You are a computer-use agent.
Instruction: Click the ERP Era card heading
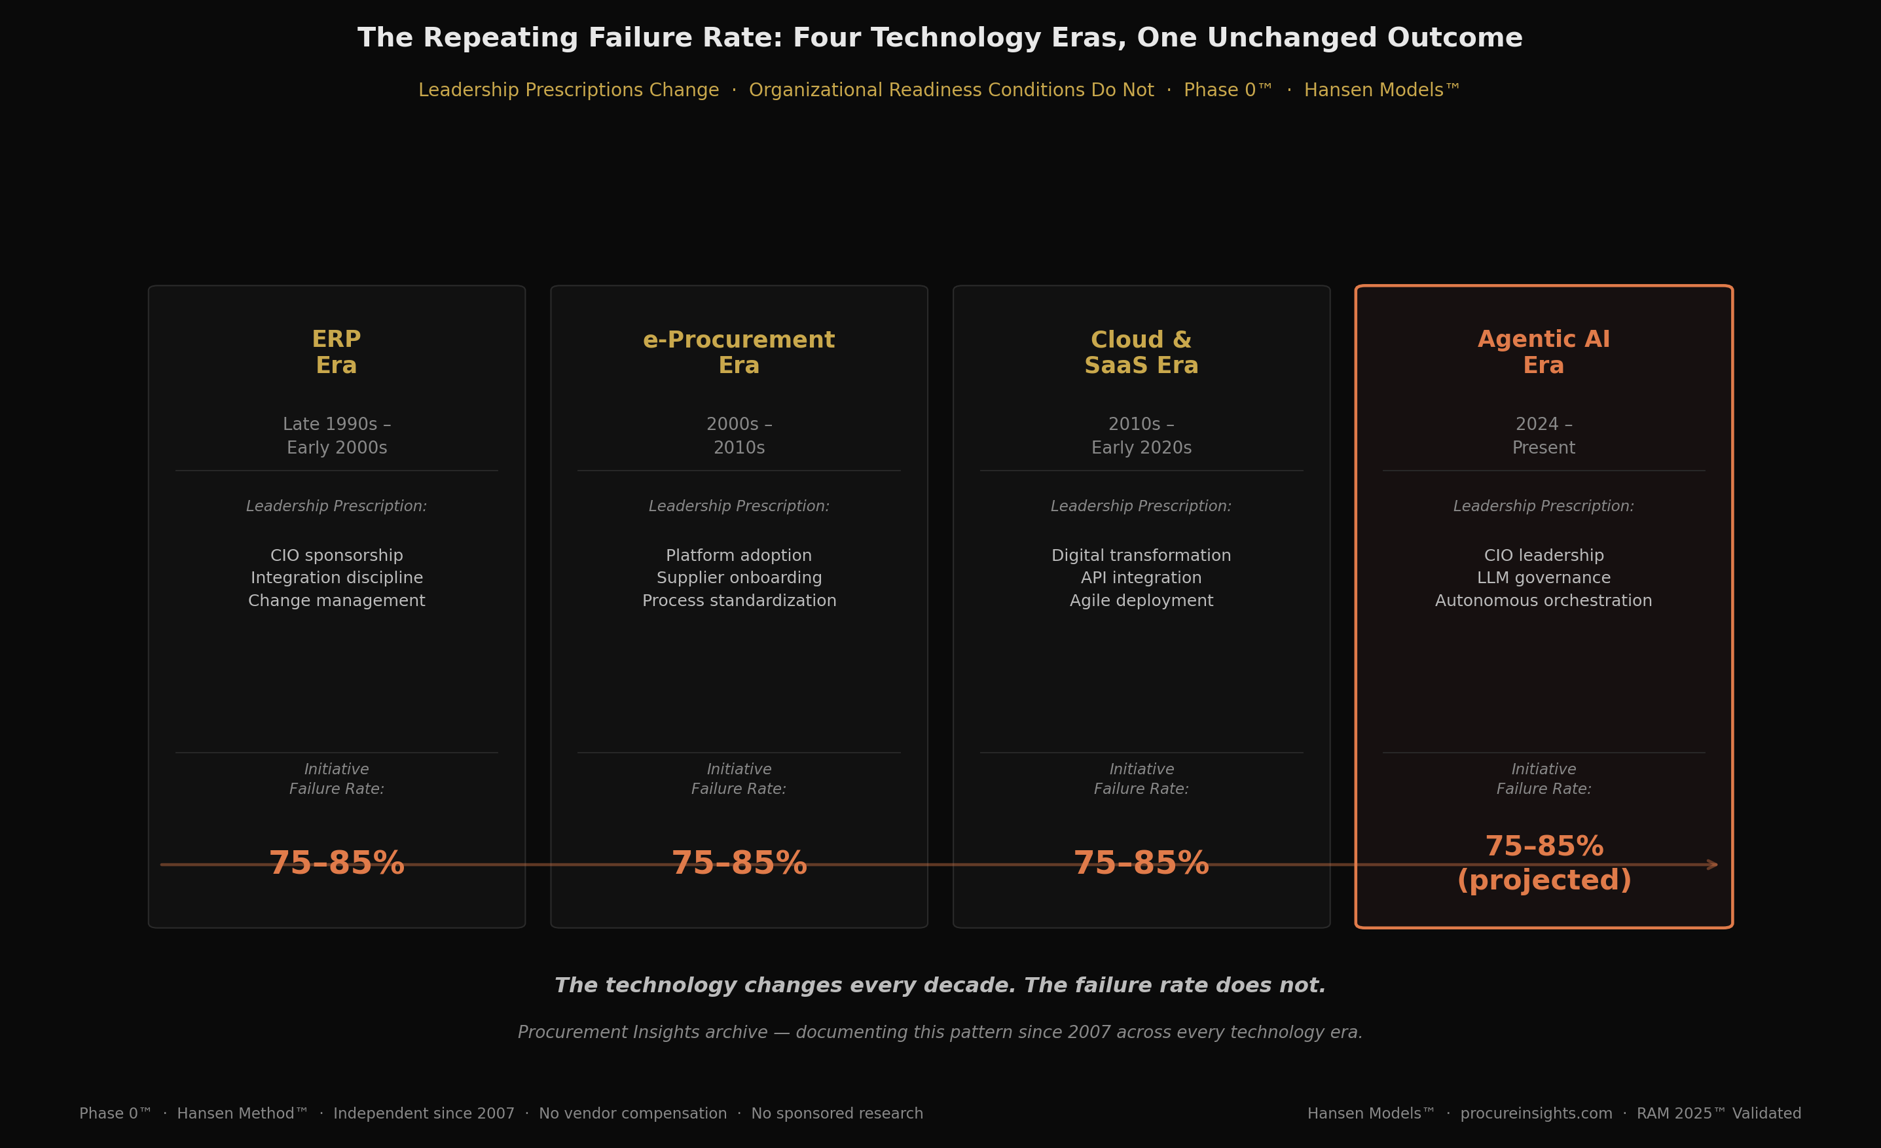coord(337,352)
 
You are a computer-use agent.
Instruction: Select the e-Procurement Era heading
coord(739,352)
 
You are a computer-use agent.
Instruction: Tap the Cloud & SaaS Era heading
coord(1141,352)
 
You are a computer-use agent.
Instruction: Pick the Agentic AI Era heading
coord(1544,352)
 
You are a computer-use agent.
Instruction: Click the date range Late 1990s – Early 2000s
coord(337,436)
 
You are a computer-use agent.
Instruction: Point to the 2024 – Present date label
coord(1544,436)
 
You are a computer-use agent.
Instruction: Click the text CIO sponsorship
coord(337,556)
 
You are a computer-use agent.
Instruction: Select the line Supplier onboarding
coord(739,578)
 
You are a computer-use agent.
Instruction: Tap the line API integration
coord(1141,578)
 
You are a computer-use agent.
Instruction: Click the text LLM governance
coord(1544,578)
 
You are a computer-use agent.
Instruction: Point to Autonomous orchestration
coord(1544,601)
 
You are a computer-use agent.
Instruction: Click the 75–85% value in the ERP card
coord(337,864)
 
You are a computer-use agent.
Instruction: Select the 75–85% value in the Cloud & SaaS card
coord(1141,864)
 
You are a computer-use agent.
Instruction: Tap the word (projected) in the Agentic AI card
coord(1544,881)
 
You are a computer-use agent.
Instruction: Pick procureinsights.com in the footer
coord(1536,1114)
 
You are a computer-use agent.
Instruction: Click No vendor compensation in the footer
coord(633,1114)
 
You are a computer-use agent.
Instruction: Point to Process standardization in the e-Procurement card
coord(739,601)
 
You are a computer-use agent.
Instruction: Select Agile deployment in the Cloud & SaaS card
coord(1141,601)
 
